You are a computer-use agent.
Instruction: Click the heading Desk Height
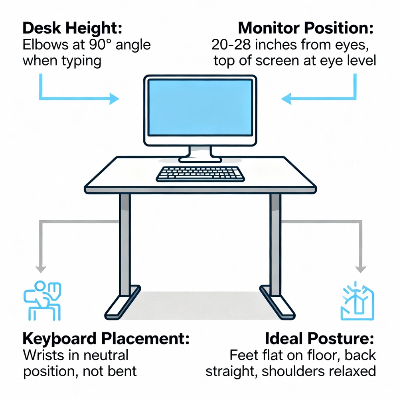72,28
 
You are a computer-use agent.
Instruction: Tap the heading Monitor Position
306,28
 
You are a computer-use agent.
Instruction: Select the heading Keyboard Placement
106,339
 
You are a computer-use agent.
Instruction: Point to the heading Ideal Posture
320,339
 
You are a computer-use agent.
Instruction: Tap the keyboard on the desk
200,174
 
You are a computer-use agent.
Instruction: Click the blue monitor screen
200,107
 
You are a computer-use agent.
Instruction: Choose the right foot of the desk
278,302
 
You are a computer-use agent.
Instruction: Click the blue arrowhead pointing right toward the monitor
115,99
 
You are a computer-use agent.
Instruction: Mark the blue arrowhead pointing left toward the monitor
286,99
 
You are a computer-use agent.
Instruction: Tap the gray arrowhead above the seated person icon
41,269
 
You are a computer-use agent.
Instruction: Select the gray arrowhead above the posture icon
361,269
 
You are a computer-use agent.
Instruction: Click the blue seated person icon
42,300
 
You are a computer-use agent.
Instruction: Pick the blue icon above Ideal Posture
357,301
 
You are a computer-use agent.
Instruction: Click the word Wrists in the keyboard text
43,355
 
